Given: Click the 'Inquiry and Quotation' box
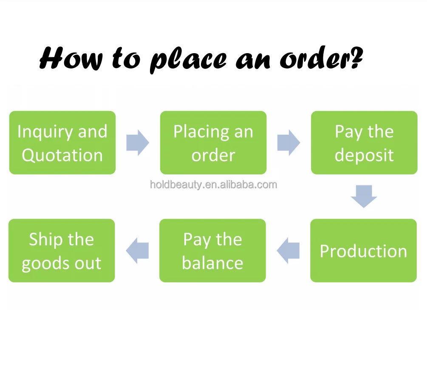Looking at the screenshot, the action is pyautogui.click(x=62, y=142).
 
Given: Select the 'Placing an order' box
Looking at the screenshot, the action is pyautogui.click(x=213, y=142).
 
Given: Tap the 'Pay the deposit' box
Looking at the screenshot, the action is pyautogui.click(x=364, y=142).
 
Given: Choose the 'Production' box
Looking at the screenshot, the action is pyautogui.click(x=363, y=250).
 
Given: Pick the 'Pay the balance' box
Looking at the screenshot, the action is pyautogui.click(x=212, y=250).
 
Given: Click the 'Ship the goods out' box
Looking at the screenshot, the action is pyautogui.click(x=62, y=250).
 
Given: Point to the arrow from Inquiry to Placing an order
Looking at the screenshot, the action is pyautogui.click(x=137, y=142).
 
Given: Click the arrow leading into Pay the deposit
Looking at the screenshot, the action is pyautogui.click(x=288, y=142).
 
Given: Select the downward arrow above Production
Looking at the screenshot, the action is pyautogui.click(x=364, y=196).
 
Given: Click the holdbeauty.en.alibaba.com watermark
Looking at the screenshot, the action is pyautogui.click(x=213, y=185).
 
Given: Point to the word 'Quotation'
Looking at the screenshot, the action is pyautogui.click(x=62, y=155).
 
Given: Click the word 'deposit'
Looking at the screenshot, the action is pyautogui.click(x=364, y=155).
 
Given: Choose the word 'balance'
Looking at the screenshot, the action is pyautogui.click(x=212, y=263).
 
